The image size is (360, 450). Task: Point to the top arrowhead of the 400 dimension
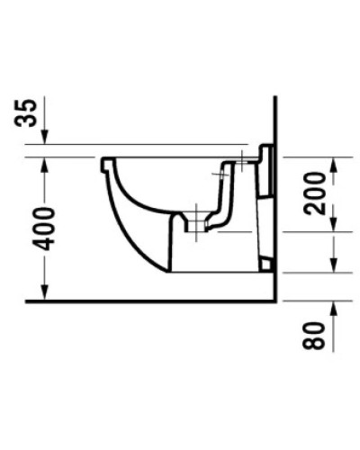point(44,163)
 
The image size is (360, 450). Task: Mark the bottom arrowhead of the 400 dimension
point(44,293)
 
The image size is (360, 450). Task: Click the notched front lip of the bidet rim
point(107,166)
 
